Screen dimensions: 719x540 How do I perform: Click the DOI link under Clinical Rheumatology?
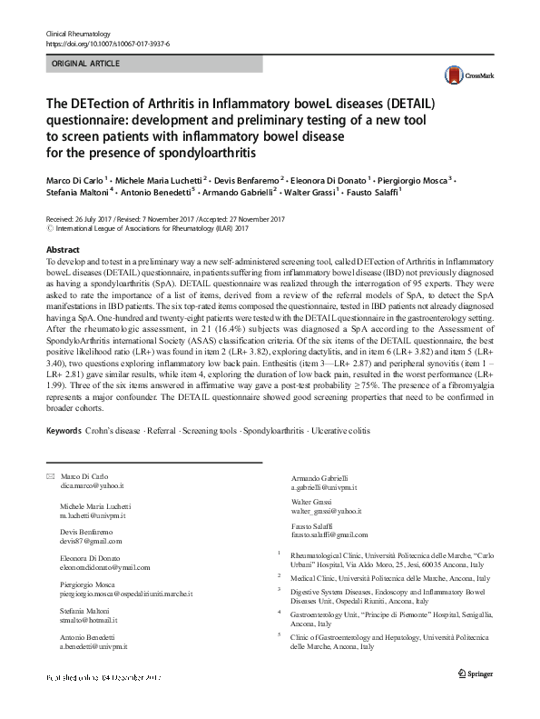point(107,44)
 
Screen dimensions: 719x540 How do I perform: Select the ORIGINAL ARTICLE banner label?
point(89,65)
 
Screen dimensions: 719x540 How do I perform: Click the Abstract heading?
point(63,248)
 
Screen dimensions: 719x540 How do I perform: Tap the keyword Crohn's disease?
point(119,430)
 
